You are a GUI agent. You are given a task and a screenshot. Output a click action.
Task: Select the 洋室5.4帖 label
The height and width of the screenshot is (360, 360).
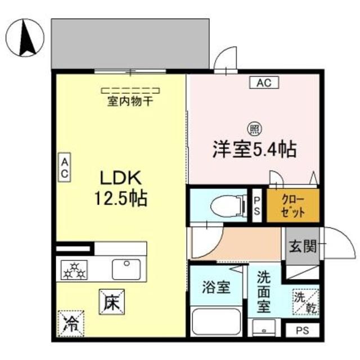pyautogui.click(x=254, y=149)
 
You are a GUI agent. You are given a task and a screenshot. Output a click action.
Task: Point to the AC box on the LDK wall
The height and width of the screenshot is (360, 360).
pyautogui.click(x=65, y=168)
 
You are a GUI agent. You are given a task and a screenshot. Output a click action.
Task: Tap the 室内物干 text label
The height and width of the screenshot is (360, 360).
pyautogui.click(x=130, y=102)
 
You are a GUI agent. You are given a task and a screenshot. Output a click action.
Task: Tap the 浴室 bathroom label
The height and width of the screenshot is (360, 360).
pyautogui.click(x=215, y=287)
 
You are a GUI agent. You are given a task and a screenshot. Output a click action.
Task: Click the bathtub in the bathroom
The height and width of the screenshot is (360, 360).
pyautogui.click(x=216, y=321)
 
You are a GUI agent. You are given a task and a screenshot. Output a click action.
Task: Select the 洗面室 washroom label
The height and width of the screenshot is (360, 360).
pyautogui.click(x=264, y=292)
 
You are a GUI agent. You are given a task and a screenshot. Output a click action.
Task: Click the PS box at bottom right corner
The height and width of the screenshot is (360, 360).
pyautogui.click(x=303, y=330)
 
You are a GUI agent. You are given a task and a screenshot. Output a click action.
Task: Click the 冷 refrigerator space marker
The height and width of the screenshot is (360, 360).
pyautogui.click(x=70, y=323)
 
